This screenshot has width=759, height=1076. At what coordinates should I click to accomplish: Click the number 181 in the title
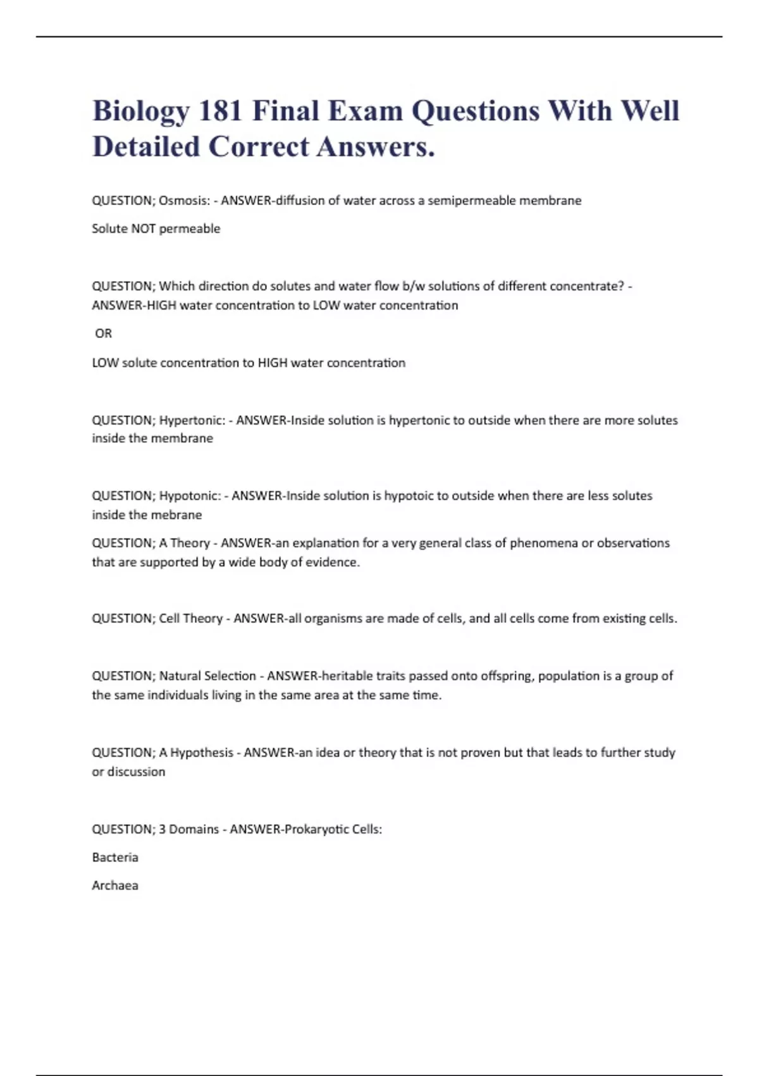click(221, 111)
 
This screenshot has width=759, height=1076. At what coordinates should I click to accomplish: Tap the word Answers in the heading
click(375, 147)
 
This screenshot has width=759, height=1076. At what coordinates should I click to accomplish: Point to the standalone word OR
click(103, 334)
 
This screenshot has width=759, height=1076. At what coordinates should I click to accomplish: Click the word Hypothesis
click(201, 753)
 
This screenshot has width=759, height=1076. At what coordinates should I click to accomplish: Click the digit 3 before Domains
click(162, 829)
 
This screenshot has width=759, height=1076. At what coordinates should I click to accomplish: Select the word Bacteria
click(114, 858)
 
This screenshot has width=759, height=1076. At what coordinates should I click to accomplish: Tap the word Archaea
click(114, 885)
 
